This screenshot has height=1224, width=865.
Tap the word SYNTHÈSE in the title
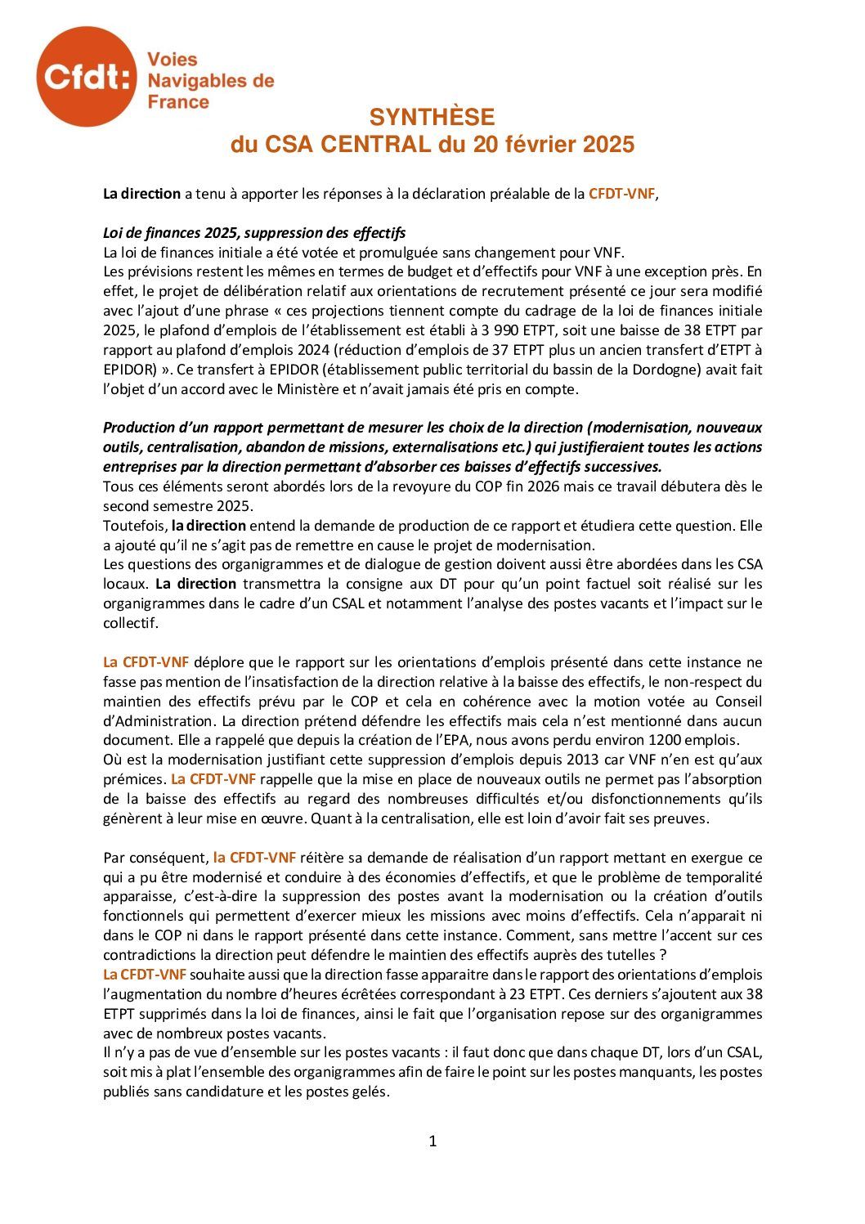(432, 117)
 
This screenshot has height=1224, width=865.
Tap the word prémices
(134, 780)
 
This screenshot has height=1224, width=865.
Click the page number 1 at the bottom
(432, 1141)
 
